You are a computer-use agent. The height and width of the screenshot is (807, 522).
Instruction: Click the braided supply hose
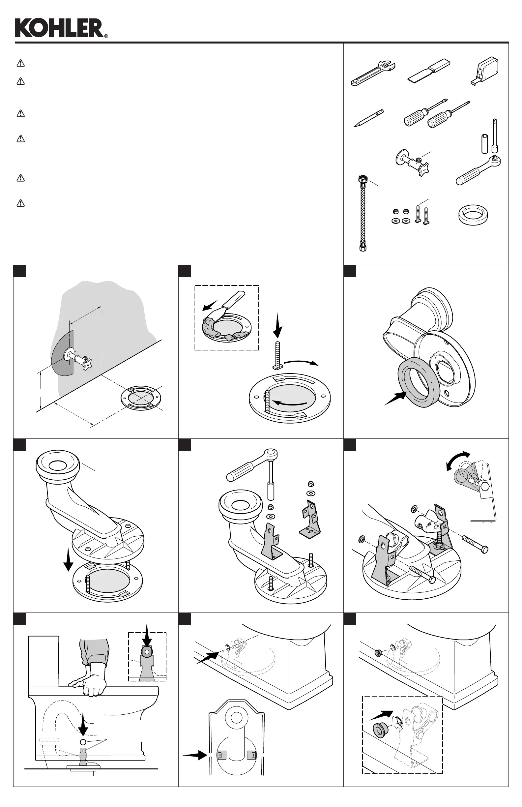pyautogui.click(x=363, y=214)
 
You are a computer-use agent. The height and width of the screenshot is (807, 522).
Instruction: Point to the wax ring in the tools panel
pyautogui.click(x=473, y=215)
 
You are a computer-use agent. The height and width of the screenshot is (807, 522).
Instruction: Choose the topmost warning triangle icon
pyautogui.click(x=21, y=63)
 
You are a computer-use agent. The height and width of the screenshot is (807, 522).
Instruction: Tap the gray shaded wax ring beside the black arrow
pyautogui.click(x=419, y=384)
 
